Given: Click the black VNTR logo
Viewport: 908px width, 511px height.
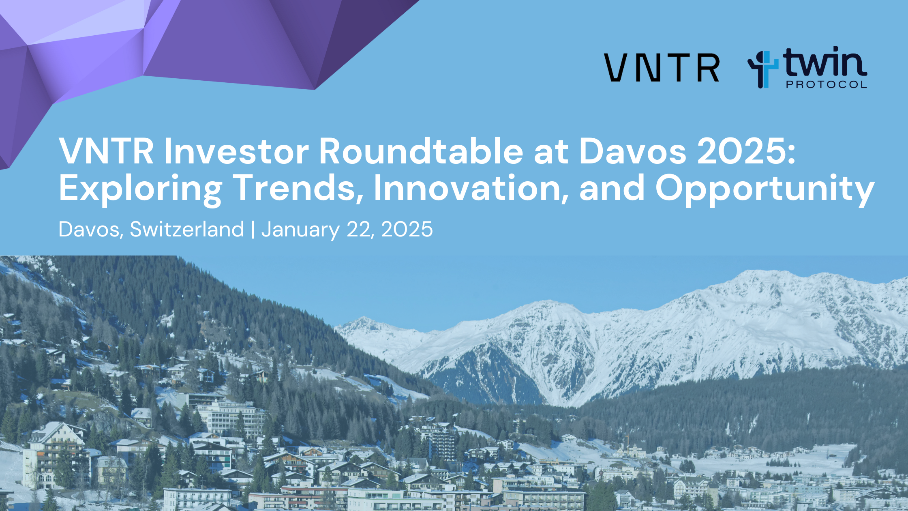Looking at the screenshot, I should coord(662,68).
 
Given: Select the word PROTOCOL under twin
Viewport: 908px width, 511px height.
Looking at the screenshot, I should coord(826,84).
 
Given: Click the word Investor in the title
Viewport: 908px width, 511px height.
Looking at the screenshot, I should coord(236,151).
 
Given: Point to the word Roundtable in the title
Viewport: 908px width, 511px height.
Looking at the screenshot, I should coord(421,151).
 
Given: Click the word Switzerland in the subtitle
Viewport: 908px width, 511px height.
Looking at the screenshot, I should coord(187,230).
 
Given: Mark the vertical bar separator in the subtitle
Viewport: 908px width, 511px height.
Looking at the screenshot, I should coord(253,230).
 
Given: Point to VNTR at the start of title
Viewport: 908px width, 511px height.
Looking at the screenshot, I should coord(106,151).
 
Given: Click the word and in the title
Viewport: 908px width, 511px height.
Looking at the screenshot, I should coord(612,188).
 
